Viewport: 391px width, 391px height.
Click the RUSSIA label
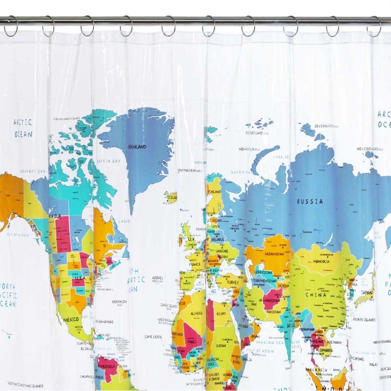(x=310, y=202)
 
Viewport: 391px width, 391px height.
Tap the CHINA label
(x=316, y=295)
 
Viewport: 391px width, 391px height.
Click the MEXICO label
(x=71, y=319)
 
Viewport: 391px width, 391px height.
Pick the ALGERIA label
(x=196, y=313)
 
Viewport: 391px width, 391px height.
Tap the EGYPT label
(x=221, y=314)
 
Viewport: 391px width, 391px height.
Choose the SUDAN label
(x=221, y=345)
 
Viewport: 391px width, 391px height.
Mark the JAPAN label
(x=366, y=292)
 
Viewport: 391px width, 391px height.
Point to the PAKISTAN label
(x=274, y=312)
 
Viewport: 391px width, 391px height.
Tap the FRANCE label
(x=195, y=264)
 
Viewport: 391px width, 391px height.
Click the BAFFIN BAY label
(x=109, y=161)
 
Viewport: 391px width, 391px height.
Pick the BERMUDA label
(x=119, y=302)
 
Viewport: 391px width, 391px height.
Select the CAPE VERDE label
(x=153, y=336)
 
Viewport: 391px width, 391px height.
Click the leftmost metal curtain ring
(x=11, y=27)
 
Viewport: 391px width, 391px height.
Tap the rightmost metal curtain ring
(x=374, y=27)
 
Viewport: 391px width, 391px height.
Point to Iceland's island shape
(x=171, y=196)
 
